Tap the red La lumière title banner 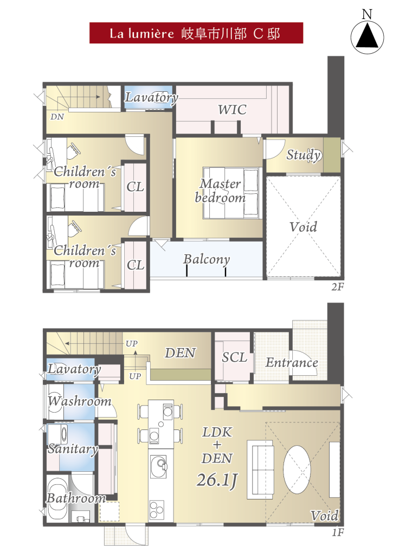click(x=196, y=33)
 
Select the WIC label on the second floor click(x=232, y=110)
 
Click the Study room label click(x=304, y=155)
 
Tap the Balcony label click(x=207, y=259)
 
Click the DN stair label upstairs click(x=57, y=117)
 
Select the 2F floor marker click(x=337, y=287)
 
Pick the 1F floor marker click(x=338, y=533)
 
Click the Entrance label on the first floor click(x=292, y=363)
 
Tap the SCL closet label click(x=234, y=357)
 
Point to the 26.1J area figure click(x=217, y=480)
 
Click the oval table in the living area click(x=297, y=470)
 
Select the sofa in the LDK click(x=260, y=470)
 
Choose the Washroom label click(x=80, y=401)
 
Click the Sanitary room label click(x=73, y=449)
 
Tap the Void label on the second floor click(x=303, y=227)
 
